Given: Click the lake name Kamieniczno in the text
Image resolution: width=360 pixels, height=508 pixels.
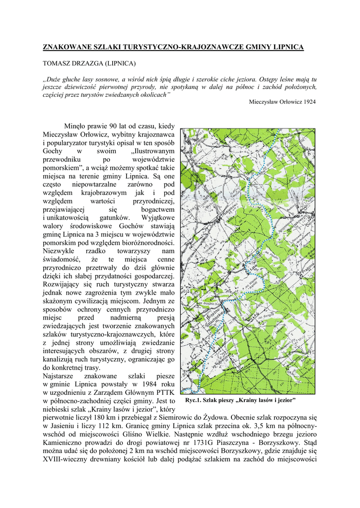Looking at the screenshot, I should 63,443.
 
